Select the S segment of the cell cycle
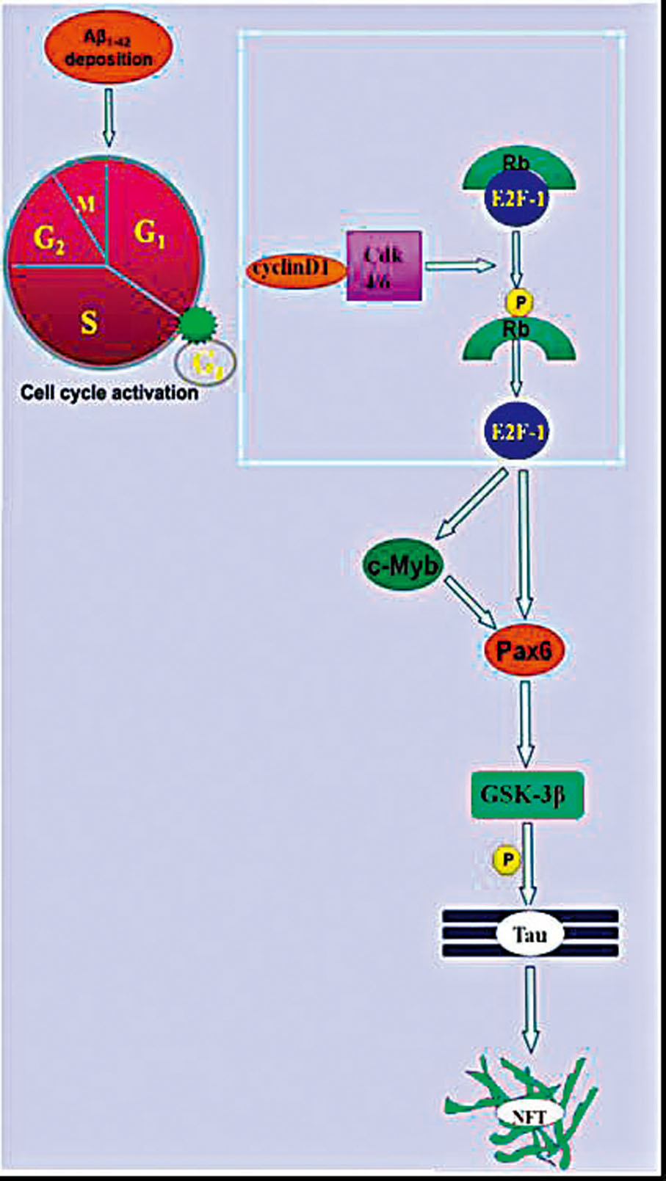point(89,321)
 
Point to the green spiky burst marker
point(195,324)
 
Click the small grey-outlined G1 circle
point(206,363)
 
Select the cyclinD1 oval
point(295,269)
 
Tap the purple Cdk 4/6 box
point(384,266)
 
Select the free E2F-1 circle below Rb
point(516,430)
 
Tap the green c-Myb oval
point(402,566)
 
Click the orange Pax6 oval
point(524,650)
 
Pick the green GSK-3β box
point(527,794)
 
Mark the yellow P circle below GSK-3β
point(506,859)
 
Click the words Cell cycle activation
point(109,392)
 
